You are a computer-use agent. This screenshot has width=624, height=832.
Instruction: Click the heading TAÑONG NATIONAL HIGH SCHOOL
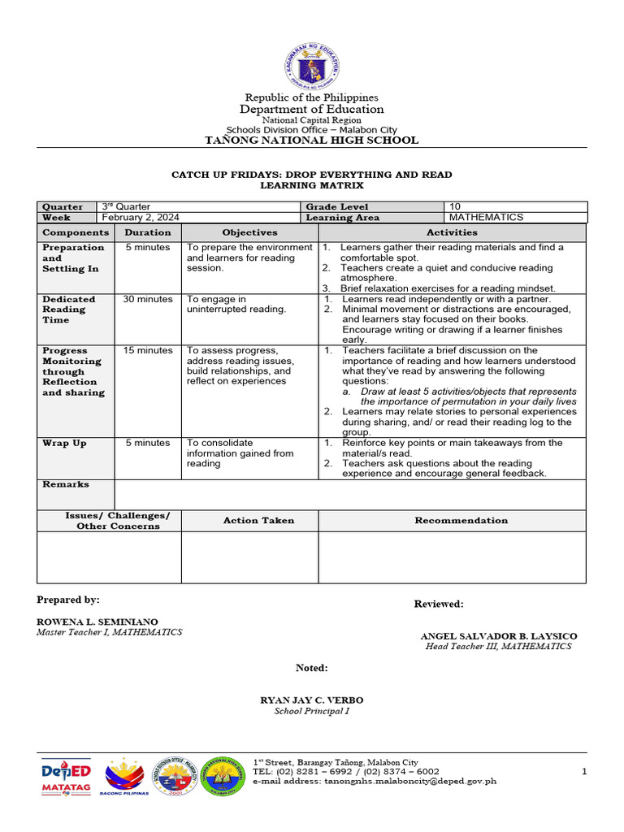coord(312,140)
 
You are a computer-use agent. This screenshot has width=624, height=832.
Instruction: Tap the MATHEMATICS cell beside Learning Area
coord(486,217)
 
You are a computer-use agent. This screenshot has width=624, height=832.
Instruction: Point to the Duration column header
coord(148,232)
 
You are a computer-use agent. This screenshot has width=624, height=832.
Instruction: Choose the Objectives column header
coord(249,232)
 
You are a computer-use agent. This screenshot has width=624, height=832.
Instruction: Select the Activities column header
coord(452,232)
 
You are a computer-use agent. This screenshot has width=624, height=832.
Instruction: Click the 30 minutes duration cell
coord(148,299)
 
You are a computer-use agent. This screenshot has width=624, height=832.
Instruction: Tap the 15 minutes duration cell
coord(148,350)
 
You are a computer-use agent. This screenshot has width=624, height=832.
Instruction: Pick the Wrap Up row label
coord(64,443)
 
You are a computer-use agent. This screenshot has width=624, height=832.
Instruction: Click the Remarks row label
coord(66,484)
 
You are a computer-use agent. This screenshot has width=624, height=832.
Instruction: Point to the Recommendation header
coord(461,520)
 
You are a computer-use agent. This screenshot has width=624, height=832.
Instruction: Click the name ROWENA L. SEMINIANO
coord(97,621)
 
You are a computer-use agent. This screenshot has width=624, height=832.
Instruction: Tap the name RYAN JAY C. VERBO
coord(311,700)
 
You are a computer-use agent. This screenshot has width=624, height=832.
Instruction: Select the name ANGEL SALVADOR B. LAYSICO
coord(498,635)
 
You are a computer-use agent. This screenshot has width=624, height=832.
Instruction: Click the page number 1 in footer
coord(583,771)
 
